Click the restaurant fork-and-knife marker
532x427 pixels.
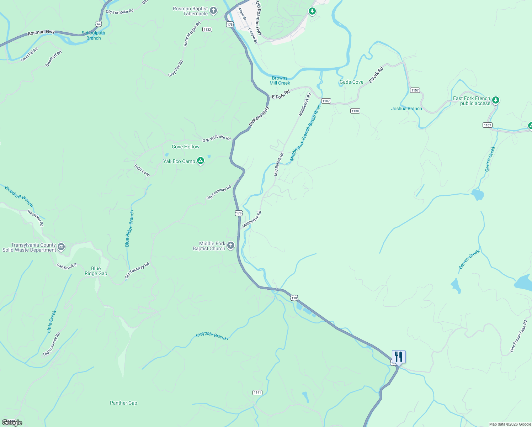pyautogui.click(x=399, y=357)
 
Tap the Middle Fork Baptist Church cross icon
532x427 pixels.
pyautogui.click(x=231, y=246)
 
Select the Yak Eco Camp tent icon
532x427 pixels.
pyautogui.click(x=201, y=161)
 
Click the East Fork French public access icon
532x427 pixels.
pyautogui.click(x=496, y=100)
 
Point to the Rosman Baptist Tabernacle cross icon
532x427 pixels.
pyautogui.click(x=213, y=10)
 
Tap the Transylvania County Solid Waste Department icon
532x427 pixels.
pyautogui.click(x=61, y=247)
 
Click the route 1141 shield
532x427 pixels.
pyautogui.click(x=257, y=392)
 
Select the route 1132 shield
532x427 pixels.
pyautogui.click(x=207, y=30)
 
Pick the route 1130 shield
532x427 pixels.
pyautogui.click(x=355, y=111)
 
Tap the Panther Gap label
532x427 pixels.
pyautogui.click(x=123, y=403)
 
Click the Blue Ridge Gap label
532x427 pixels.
pyautogui.click(x=96, y=271)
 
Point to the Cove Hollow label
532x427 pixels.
pyautogui.click(x=186, y=147)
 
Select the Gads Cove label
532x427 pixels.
pyautogui.click(x=351, y=82)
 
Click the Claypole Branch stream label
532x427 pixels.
pyautogui.click(x=212, y=336)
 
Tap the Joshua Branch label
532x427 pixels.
pyautogui.click(x=406, y=109)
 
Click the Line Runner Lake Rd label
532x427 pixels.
pyautogui.click(x=518, y=336)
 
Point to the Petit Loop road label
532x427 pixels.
pyautogui.click(x=142, y=170)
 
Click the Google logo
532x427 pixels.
pyautogui.click(x=12, y=423)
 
